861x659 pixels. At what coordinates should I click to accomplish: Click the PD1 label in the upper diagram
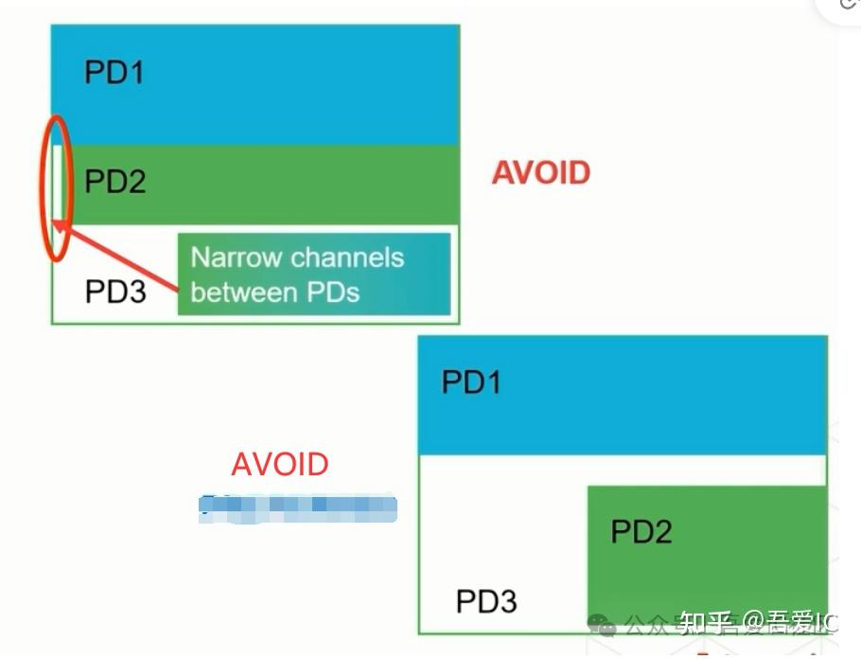114,72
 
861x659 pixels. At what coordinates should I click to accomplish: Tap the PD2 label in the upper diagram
114,181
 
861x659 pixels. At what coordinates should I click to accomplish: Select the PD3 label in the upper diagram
115,290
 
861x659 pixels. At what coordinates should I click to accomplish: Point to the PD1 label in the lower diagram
471,383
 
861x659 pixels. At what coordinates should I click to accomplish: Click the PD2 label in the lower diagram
641,531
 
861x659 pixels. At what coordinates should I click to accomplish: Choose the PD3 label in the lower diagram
486,601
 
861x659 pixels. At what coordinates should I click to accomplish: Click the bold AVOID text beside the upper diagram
540,172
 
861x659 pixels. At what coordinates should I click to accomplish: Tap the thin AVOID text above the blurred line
280,465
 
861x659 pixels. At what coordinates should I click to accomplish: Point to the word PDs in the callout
336,291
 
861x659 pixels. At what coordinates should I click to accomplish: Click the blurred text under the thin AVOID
297,508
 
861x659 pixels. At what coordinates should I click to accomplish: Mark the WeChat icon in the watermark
600,623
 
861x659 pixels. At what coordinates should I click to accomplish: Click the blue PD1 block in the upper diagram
284,85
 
